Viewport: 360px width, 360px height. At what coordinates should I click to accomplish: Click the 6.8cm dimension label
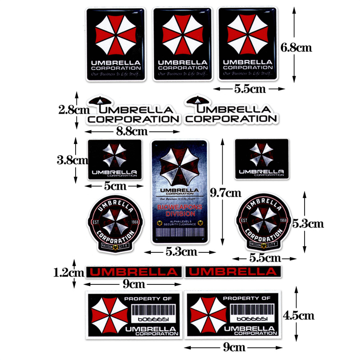pyautogui.click(x=296, y=47)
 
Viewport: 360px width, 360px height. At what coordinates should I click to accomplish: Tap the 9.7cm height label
pyautogui.click(x=225, y=194)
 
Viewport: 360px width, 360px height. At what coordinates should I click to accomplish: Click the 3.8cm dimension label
pyautogui.click(x=72, y=160)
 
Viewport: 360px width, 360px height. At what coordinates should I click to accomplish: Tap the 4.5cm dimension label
pyautogui.click(x=298, y=315)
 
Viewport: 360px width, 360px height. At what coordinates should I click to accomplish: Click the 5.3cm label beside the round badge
pyautogui.click(x=308, y=223)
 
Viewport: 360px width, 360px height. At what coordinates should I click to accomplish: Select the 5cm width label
pyautogui.click(x=115, y=185)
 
